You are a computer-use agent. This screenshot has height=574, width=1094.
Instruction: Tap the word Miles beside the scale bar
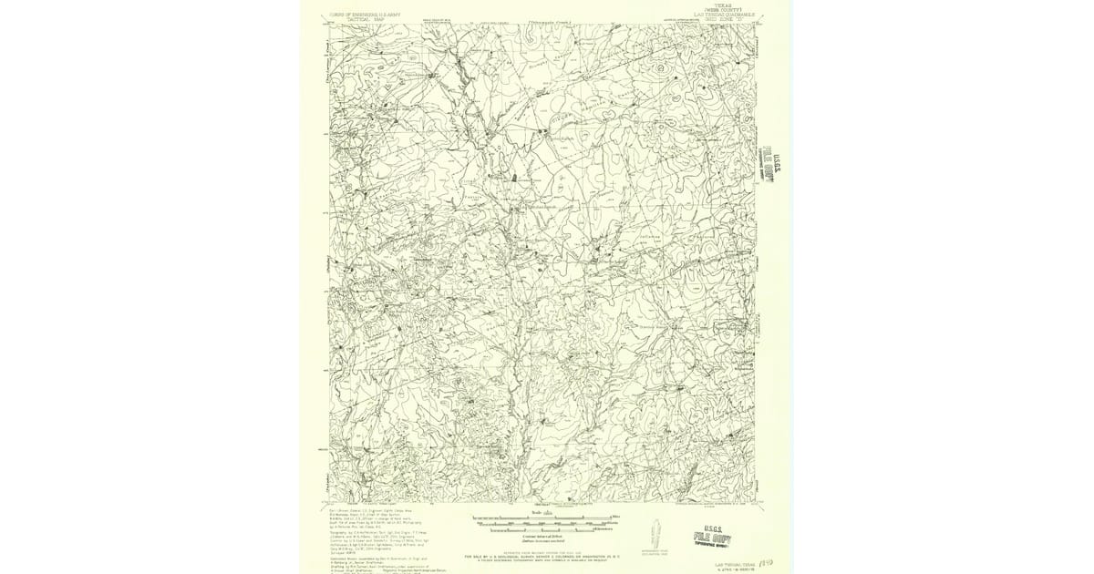point(615,518)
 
